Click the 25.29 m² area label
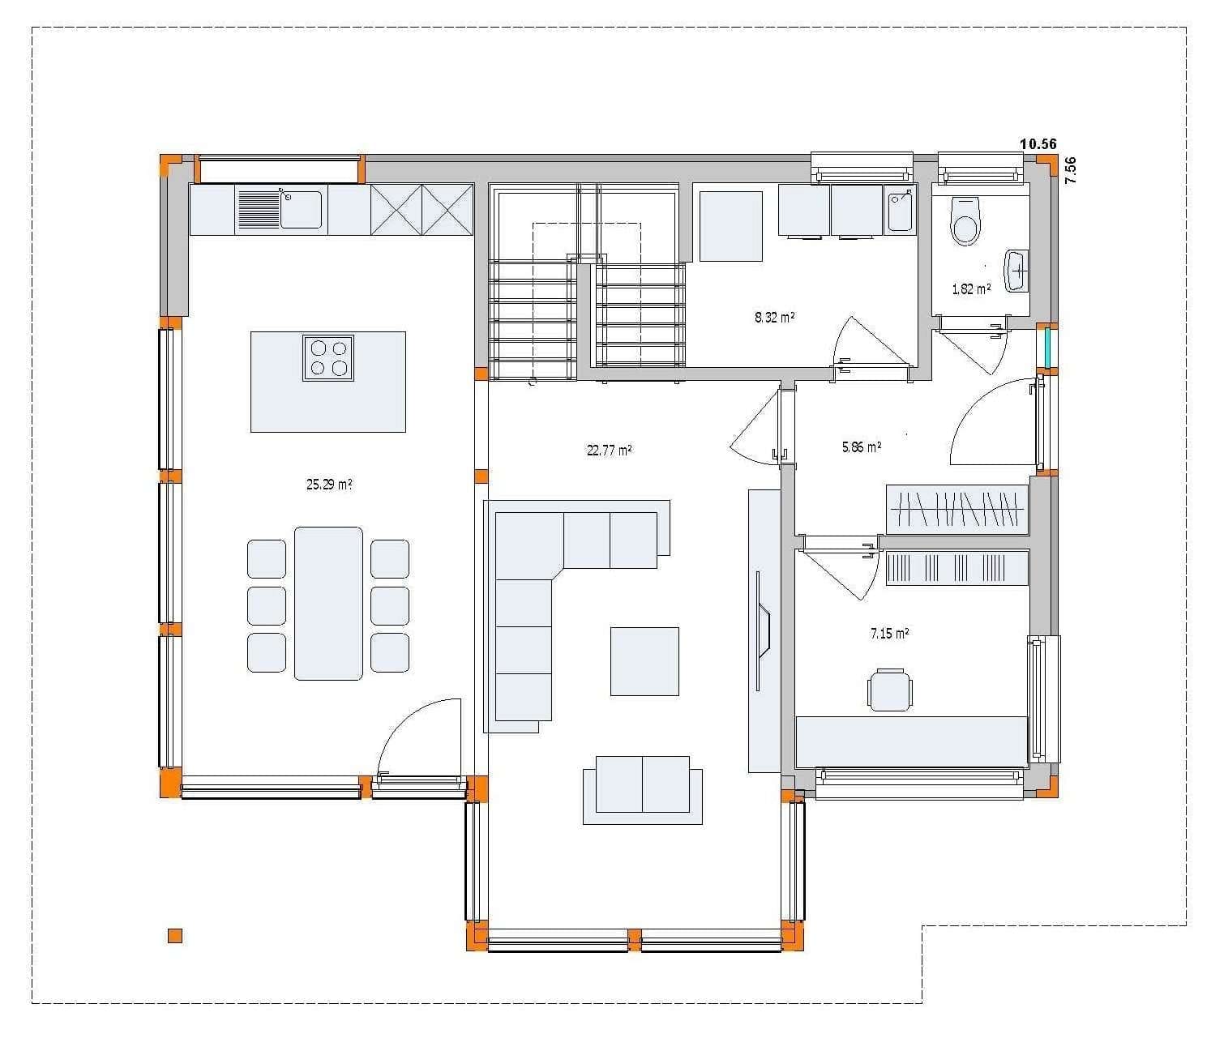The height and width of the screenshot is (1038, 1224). click(x=328, y=485)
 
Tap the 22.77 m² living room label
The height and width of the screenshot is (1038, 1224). click(x=609, y=450)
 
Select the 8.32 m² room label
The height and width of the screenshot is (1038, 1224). click(x=774, y=317)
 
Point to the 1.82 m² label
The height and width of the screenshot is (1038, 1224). click(x=971, y=288)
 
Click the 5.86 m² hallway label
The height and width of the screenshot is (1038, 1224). click(x=862, y=446)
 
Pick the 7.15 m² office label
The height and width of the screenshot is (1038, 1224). click(x=889, y=633)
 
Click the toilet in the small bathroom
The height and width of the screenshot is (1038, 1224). click(x=965, y=224)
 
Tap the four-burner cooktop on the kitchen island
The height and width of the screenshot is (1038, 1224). click(x=328, y=357)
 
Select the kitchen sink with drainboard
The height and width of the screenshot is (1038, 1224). click(x=279, y=209)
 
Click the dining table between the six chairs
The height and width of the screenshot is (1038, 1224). click(x=328, y=603)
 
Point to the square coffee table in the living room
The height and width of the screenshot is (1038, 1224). click(x=644, y=660)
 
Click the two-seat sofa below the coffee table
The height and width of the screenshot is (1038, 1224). click(x=643, y=784)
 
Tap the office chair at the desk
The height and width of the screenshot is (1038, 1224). click(x=889, y=690)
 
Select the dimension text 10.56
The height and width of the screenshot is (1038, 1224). click(x=1038, y=144)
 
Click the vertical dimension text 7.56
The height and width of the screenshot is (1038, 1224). click(x=1070, y=170)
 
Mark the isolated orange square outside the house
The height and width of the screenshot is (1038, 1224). click(x=175, y=936)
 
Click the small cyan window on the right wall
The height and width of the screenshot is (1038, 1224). click(x=1048, y=346)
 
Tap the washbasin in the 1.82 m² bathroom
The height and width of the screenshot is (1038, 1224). click(x=1016, y=271)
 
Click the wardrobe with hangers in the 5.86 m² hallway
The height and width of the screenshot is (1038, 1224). click(x=957, y=509)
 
